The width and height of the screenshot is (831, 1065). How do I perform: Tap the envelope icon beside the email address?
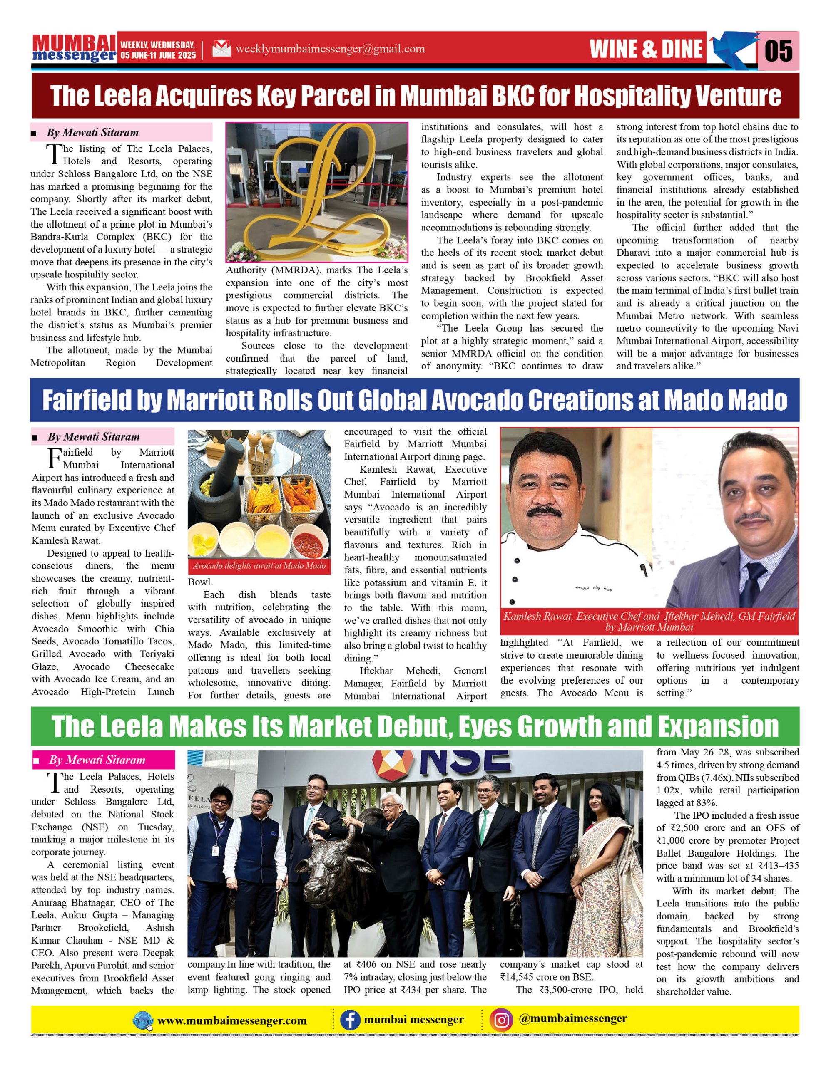(x=221, y=49)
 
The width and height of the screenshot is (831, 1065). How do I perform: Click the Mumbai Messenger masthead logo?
(x=74, y=48)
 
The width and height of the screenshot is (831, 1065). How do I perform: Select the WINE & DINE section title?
(x=646, y=49)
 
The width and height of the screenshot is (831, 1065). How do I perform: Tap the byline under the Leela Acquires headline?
(x=93, y=133)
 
